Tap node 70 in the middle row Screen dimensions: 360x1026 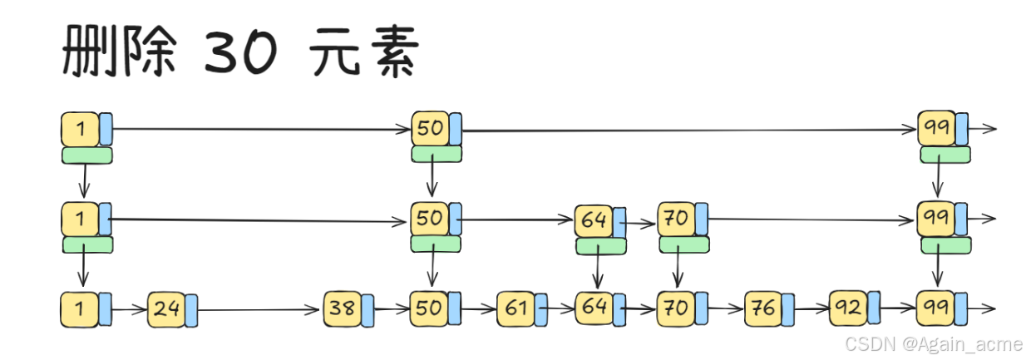(676, 219)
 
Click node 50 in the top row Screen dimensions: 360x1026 (430, 129)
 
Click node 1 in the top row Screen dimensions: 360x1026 (80, 129)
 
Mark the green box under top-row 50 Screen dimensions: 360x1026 (437, 154)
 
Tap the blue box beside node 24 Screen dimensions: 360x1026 (190, 309)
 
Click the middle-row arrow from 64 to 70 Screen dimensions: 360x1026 (642, 223)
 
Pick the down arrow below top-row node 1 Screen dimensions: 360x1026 (83, 180)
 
